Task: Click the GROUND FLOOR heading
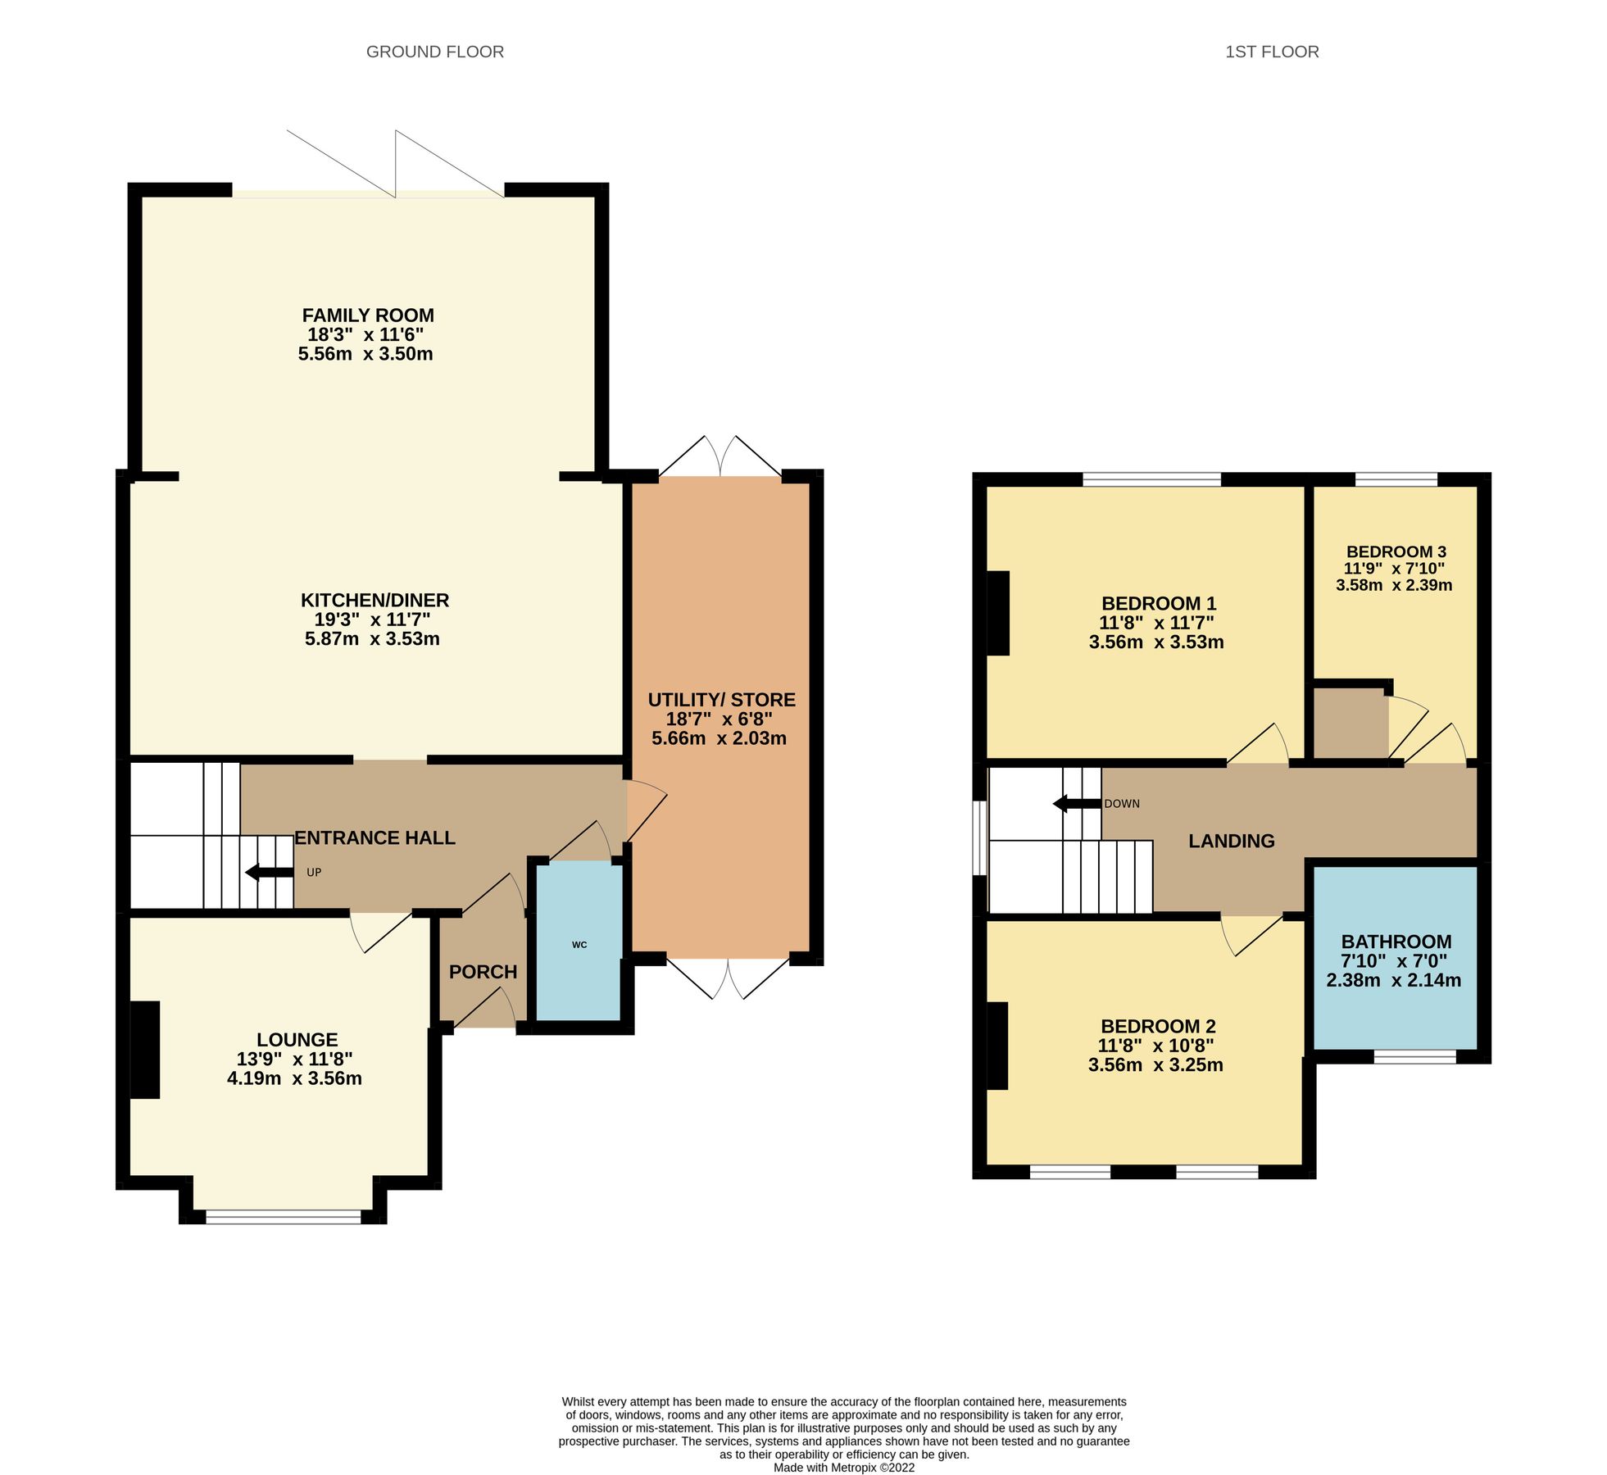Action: (x=434, y=52)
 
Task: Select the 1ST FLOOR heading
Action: (x=1271, y=52)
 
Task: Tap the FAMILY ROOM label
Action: (x=368, y=315)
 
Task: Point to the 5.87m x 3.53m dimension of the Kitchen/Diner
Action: (x=372, y=639)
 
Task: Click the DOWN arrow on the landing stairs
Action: (x=1076, y=803)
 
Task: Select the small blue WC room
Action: (x=579, y=942)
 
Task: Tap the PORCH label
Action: (x=483, y=972)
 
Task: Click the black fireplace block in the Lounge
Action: (x=146, y=1049)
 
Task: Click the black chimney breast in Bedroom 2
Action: (x=996, y=1046)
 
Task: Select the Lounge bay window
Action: (x=283, y=1218)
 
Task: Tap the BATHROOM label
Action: (x=1396, y=942)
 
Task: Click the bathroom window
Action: (x=1414, y=1057)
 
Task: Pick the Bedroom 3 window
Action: (x=1396, y=479)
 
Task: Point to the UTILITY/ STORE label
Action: (x=721, y=700)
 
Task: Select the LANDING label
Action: (x=1231, y=841)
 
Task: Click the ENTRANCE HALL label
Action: (x=375, y=837)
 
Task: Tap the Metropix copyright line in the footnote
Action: (x=843, y=1468)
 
